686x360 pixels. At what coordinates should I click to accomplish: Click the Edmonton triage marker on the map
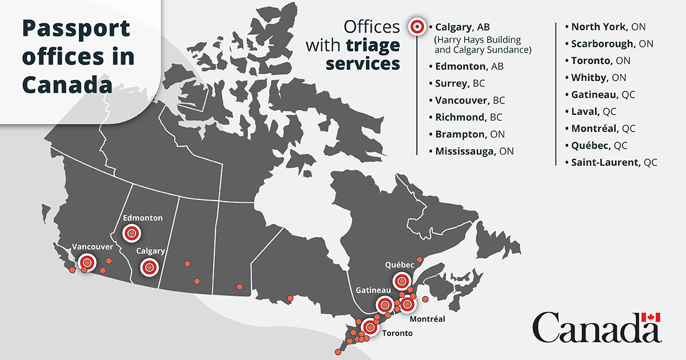(132, 233)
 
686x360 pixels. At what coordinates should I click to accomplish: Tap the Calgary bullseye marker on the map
(149, 266)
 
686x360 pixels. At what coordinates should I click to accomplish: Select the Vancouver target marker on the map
(87, 262)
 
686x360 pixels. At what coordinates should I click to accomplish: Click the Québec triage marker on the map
(402, 281)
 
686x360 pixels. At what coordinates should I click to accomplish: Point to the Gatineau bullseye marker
(385, 305)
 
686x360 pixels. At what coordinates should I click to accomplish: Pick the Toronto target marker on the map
(370, 327)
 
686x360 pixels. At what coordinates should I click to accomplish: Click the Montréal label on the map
(427, 319)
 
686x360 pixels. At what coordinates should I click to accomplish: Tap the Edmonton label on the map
(143, 218)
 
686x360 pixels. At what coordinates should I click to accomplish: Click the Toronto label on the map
(397, 333)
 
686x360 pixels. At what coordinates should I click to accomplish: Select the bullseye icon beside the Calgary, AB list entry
(417, 26)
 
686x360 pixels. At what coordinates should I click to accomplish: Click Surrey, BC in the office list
(460, 83)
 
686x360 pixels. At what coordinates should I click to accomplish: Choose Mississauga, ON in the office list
(474, 151)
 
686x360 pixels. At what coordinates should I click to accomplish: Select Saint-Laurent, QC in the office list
(614, 162)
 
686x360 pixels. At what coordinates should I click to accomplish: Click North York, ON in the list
(608, 26)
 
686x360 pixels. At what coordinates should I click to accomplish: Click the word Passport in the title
(76, 28)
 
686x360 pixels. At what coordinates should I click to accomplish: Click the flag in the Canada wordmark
(651, 318)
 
